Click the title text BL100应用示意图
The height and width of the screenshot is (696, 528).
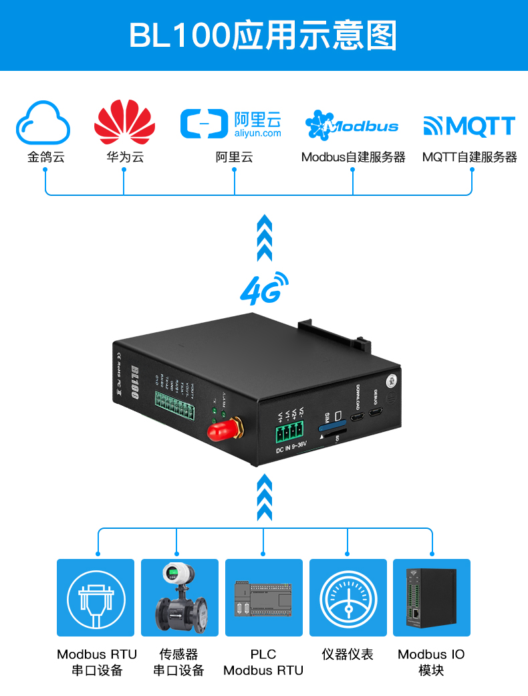coord(263,35)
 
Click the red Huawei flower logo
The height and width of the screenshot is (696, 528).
coord(124,122)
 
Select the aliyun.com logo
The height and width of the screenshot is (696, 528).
coord(231,124)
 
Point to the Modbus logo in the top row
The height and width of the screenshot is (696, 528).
coord(352,125)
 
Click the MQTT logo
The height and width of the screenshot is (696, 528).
coord(469,126)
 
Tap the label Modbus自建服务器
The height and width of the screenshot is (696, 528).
coord(353,158)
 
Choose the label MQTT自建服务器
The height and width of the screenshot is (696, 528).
coord(469,158)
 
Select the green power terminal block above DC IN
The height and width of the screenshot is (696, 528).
coord(289,433)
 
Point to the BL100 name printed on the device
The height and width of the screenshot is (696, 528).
coord(134,383)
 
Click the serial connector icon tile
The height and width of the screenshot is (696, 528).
coord(96,597)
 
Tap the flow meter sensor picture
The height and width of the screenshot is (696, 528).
coord(179,597)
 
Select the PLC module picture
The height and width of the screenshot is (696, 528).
coord(263,597)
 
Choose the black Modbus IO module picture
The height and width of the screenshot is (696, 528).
coord(432,597)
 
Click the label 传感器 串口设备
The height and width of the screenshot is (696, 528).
coord(178,662)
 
